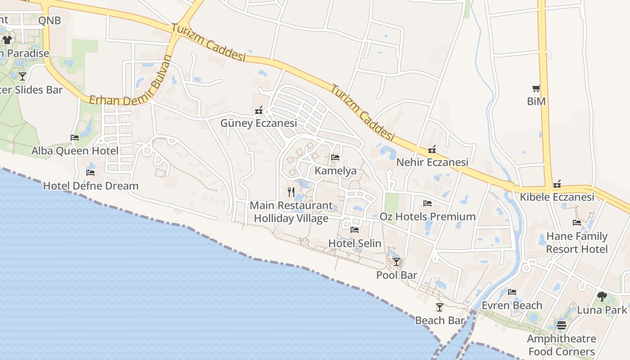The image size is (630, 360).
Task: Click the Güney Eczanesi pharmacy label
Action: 258,123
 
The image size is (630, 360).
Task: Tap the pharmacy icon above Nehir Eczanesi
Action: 432,149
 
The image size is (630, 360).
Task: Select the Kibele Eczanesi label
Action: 557,197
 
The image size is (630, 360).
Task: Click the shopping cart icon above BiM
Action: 536,89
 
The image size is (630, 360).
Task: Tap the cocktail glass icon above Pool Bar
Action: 396,262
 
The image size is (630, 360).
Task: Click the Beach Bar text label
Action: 440,320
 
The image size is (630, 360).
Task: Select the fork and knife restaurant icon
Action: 291,193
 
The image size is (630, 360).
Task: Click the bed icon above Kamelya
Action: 335,157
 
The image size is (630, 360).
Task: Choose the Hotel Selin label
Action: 355,243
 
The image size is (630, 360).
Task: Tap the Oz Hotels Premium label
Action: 427,216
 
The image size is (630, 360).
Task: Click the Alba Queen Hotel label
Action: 75,151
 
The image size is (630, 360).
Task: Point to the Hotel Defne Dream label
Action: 90,186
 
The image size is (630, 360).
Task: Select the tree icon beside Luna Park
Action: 602,297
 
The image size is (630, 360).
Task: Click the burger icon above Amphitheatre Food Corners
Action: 561,325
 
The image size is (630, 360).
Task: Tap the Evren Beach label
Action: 512,306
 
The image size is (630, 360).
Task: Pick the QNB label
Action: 49,20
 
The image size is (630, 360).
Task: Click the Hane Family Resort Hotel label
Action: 577,243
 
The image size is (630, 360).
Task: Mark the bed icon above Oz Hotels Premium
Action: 427,204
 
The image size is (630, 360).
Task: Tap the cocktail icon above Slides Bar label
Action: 22,76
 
